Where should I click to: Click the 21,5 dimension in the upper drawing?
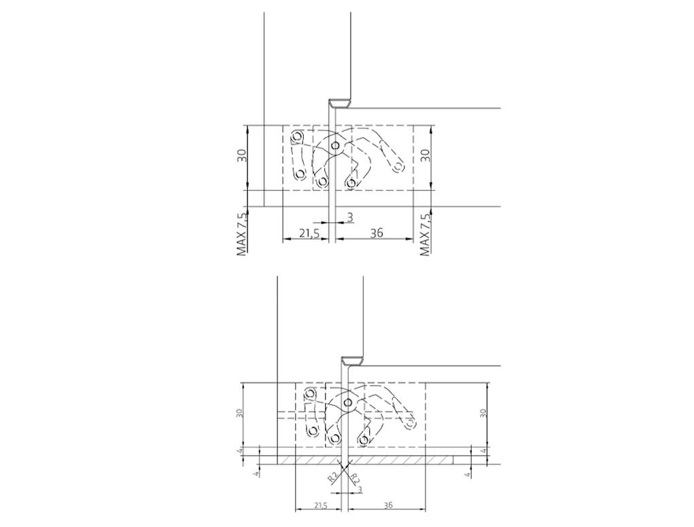pyautogui.click(x=309, y=232)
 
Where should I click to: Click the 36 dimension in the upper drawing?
pyautogui.click(x=376, y=232)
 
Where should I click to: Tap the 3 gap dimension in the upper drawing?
pyautogui.click(x=350, y=217)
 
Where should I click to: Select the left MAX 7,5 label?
pyautogui.click(x=242, y=234)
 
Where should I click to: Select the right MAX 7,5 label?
pyautogui.click(x=425, y=234)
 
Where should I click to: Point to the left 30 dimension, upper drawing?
pyautogui.click(x=242, y=156)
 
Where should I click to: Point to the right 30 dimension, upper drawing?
pyautogui.click(x=425, y=156)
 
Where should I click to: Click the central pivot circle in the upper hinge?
pyautogui.click(x=335, y=145)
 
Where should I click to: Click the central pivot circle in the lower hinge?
pyautogui.click(x=348, y=402)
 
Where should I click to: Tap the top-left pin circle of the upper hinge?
pyautogui.click(x=296, y=135)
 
